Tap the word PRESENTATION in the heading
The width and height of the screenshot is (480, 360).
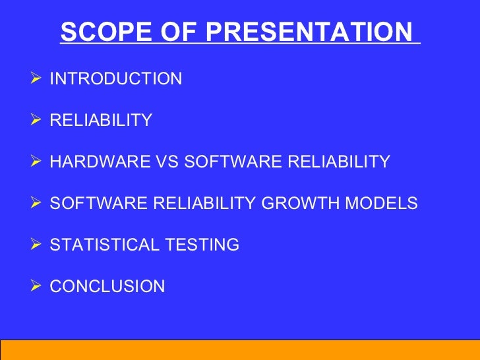(x=309, y=31)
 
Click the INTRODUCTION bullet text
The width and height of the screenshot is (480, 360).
(x=116, y=78)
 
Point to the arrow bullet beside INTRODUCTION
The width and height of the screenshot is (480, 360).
(x=36, y=78)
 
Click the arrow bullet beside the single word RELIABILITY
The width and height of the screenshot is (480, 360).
(x=36, y=119)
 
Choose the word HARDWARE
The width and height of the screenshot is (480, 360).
(x=100, y=162)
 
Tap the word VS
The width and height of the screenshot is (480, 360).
(x=167, y=162)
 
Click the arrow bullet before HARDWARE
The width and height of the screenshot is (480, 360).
(x=36, y=161)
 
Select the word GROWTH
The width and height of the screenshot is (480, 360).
(x=300, y=202)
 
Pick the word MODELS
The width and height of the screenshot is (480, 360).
(x=381, y=202)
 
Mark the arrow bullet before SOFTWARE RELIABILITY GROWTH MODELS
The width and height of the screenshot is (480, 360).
(x=36, y=202)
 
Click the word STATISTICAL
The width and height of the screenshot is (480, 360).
(x=104, y=244)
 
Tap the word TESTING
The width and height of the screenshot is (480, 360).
(x=202, y=244)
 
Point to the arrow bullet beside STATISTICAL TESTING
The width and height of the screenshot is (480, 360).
(x=36, y=244)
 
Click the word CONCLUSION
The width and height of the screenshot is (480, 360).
(x=107, y=286)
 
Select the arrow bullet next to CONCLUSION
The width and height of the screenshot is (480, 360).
(x=36, y=285)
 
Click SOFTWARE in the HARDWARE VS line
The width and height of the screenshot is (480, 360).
(x=233, y=162)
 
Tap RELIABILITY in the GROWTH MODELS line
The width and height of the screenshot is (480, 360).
(x=204, y=202)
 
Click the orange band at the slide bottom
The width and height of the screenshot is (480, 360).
(x=240, y=350)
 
